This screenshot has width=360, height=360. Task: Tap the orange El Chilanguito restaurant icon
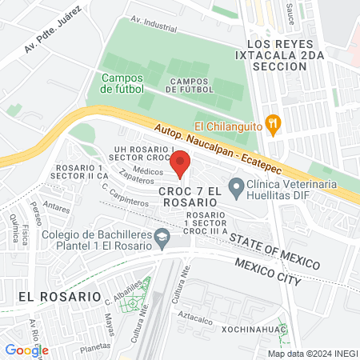(x=274, y=122)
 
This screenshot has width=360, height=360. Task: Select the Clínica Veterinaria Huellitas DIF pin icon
(x=236, y=189)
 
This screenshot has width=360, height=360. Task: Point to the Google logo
(x=26, y=350)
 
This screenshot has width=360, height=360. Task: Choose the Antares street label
(x=56, y=206)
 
